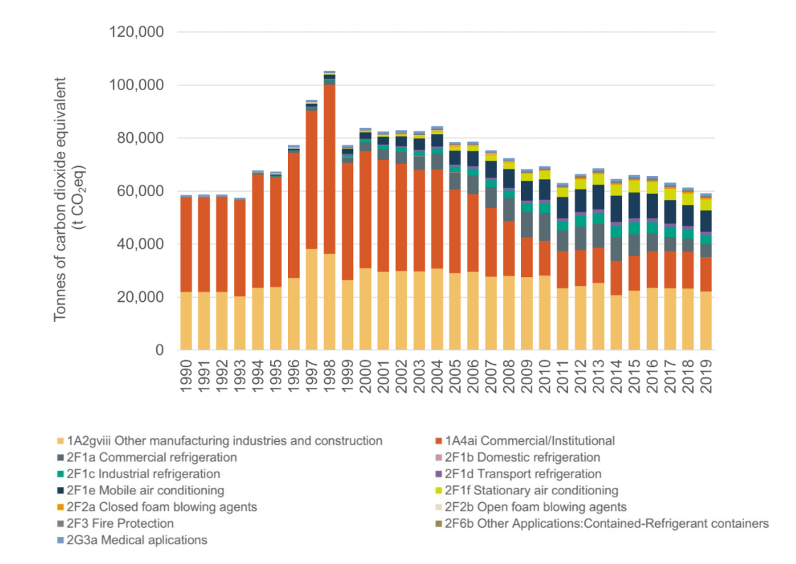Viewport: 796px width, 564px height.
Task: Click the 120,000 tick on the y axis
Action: click(136, 32)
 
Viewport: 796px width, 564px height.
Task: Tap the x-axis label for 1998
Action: click(330, 376)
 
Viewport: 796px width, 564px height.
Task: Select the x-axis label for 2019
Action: click(706, 376)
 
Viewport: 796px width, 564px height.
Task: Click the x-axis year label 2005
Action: click(456, 376)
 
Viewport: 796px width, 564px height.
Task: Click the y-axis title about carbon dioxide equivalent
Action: click(70, 199)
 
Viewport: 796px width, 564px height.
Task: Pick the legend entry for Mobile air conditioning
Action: click(141, 490)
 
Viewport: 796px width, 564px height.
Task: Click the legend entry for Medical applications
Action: click(132, 540)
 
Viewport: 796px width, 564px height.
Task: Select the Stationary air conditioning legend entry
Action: click(527, 490)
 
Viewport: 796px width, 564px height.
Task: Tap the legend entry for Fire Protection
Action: click(115, 524)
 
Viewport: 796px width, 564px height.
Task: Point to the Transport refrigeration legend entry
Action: click(519, 474)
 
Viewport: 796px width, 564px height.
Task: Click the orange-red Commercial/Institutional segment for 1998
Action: click(330, 169)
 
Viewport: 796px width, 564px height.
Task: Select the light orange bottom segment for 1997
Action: click(312, 299)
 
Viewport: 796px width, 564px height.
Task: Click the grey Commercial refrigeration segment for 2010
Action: click(544, 227)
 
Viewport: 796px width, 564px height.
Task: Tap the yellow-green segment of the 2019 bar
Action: click(706, 205)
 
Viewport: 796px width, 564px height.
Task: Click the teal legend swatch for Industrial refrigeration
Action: click(61, 474)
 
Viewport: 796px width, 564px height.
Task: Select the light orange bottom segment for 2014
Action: click(616, 322)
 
